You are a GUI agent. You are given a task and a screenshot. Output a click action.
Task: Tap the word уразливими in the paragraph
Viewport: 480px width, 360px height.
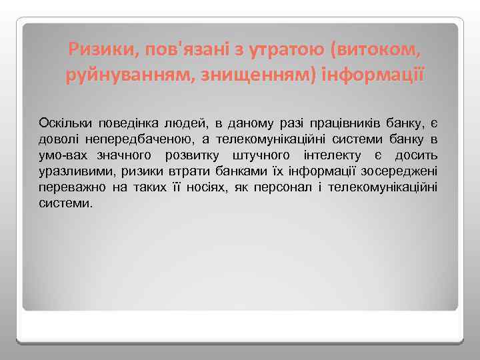[74, 171]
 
